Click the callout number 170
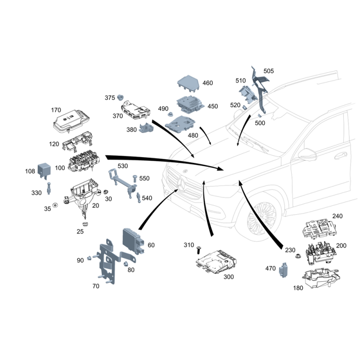[x=56, y=110]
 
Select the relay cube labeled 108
[x=44, y=170]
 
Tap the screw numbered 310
[x=198, y=250]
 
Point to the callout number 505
[x=269, y=71]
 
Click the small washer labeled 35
[x=55, y=205]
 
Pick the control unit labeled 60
[x=134, y=241]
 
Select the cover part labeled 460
[x=188, y=83]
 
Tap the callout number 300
[x=229, y=277]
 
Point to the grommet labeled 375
[x=120, y=97]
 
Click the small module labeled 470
[x=284, y=270]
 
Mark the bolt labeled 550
[x=135, y=178]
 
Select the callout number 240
[x=337, y=216]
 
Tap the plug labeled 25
[x=85, y=224]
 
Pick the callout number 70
[x=96, y=286]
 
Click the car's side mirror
[x=308, y=154]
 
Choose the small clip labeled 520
[x=245, y=107]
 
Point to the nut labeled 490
[x=171, y=114]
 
